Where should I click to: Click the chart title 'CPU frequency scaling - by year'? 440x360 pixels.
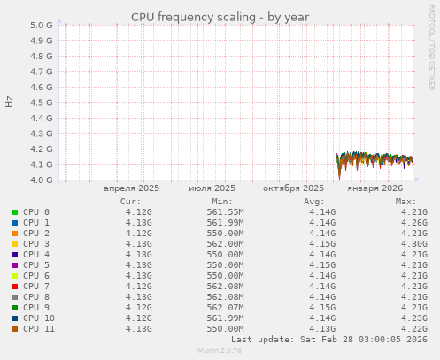point(220,17)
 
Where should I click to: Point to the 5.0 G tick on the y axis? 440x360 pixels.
point(42,25)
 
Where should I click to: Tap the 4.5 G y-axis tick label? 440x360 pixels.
point(42,103)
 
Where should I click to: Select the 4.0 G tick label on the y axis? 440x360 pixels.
point(42,180)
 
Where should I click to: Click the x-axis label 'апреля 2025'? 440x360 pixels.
point(131,188)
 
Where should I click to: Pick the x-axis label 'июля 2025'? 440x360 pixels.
point(212,188)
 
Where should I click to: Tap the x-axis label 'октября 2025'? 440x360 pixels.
point(294,188)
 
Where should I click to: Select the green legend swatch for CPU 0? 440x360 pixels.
point(15,212)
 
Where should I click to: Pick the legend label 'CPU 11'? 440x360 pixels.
point(39,329)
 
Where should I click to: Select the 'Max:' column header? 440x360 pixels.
point(405,201)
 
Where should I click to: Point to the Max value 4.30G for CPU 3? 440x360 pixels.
point(414,244)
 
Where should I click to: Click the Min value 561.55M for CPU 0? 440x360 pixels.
point(225,212)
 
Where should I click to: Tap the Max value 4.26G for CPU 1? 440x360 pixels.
point(414,223)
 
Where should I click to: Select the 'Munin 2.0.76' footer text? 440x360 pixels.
point(220,351)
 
